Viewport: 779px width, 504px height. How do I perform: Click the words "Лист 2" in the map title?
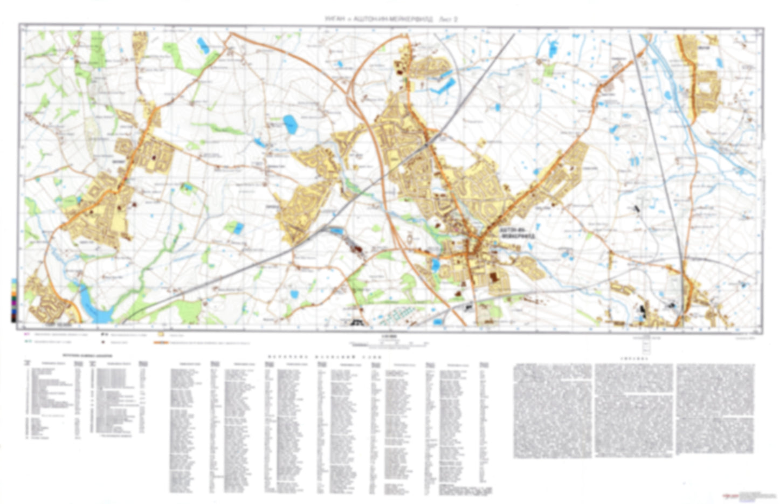tap(449, 19)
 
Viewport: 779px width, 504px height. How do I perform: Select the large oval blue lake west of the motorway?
tap(290, 125)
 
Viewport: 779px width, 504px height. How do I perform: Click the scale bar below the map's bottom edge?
tap(388, 342)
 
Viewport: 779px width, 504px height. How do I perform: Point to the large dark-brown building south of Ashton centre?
tap(492, 278)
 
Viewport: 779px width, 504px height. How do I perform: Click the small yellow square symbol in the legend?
tap(160, 334)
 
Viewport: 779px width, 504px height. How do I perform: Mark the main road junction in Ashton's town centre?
tap(472, 249)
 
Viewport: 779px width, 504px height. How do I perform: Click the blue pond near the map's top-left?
tap(203, 45)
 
